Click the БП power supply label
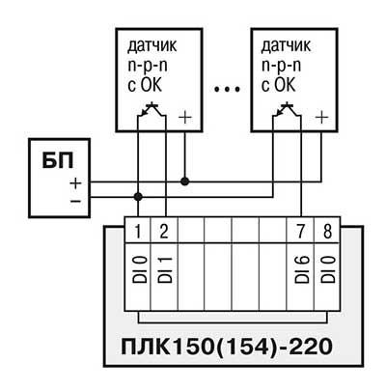pyautogui.click(x=58, y=160)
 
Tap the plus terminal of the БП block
pyautogui.click(x=76, y=183)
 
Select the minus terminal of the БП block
pyautogui.click(x=76, y=202)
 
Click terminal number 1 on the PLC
pyautogui.click(x=137, y=232)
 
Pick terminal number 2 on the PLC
pyautogui.click(x=164, y=232)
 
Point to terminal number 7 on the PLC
pyautogui.click(x=300, y=232)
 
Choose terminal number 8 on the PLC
pyautogui.click(x=327, y=232)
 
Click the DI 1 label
pyautogui.click(x=165, y=269)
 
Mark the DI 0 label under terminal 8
pyautogui.click(x=328, y=269)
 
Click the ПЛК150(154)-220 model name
pyautogui.click(x=227, y=348)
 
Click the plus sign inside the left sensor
pyautogui.click(x=184, y=118)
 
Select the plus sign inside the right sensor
pyautogui.click(x=321, y=118)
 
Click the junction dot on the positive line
pyautogui.click(x=184, y=181)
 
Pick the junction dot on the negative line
pyautogui.click(x=138, y=196)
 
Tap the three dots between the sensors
pyautogui.click(x=227, y=89)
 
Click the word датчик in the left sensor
pyautogui.click(x=152, y=46)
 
